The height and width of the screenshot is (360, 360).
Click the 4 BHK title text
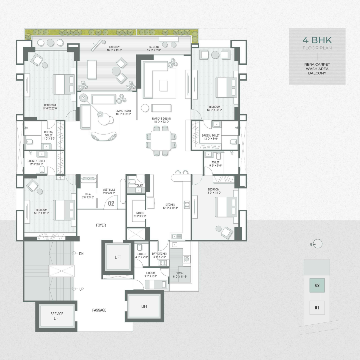[317, 40]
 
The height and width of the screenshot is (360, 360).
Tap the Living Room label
[123, 112]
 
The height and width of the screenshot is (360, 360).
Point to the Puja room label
[88, 195]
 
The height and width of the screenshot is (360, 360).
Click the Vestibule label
[109, 191]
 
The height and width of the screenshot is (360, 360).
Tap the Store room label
[140, 214]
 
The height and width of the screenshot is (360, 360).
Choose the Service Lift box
[57, 316]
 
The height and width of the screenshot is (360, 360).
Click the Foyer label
[101, 225]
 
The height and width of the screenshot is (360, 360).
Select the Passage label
[99, 310]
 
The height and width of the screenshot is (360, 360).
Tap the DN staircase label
[81, 254]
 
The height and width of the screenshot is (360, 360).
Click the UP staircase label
[81, 289]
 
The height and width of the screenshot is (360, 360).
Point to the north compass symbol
[318, 244]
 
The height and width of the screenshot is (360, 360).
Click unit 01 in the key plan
[317, 308]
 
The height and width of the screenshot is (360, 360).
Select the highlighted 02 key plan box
[317, 285]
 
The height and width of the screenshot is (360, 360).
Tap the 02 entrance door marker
[111, 203]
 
